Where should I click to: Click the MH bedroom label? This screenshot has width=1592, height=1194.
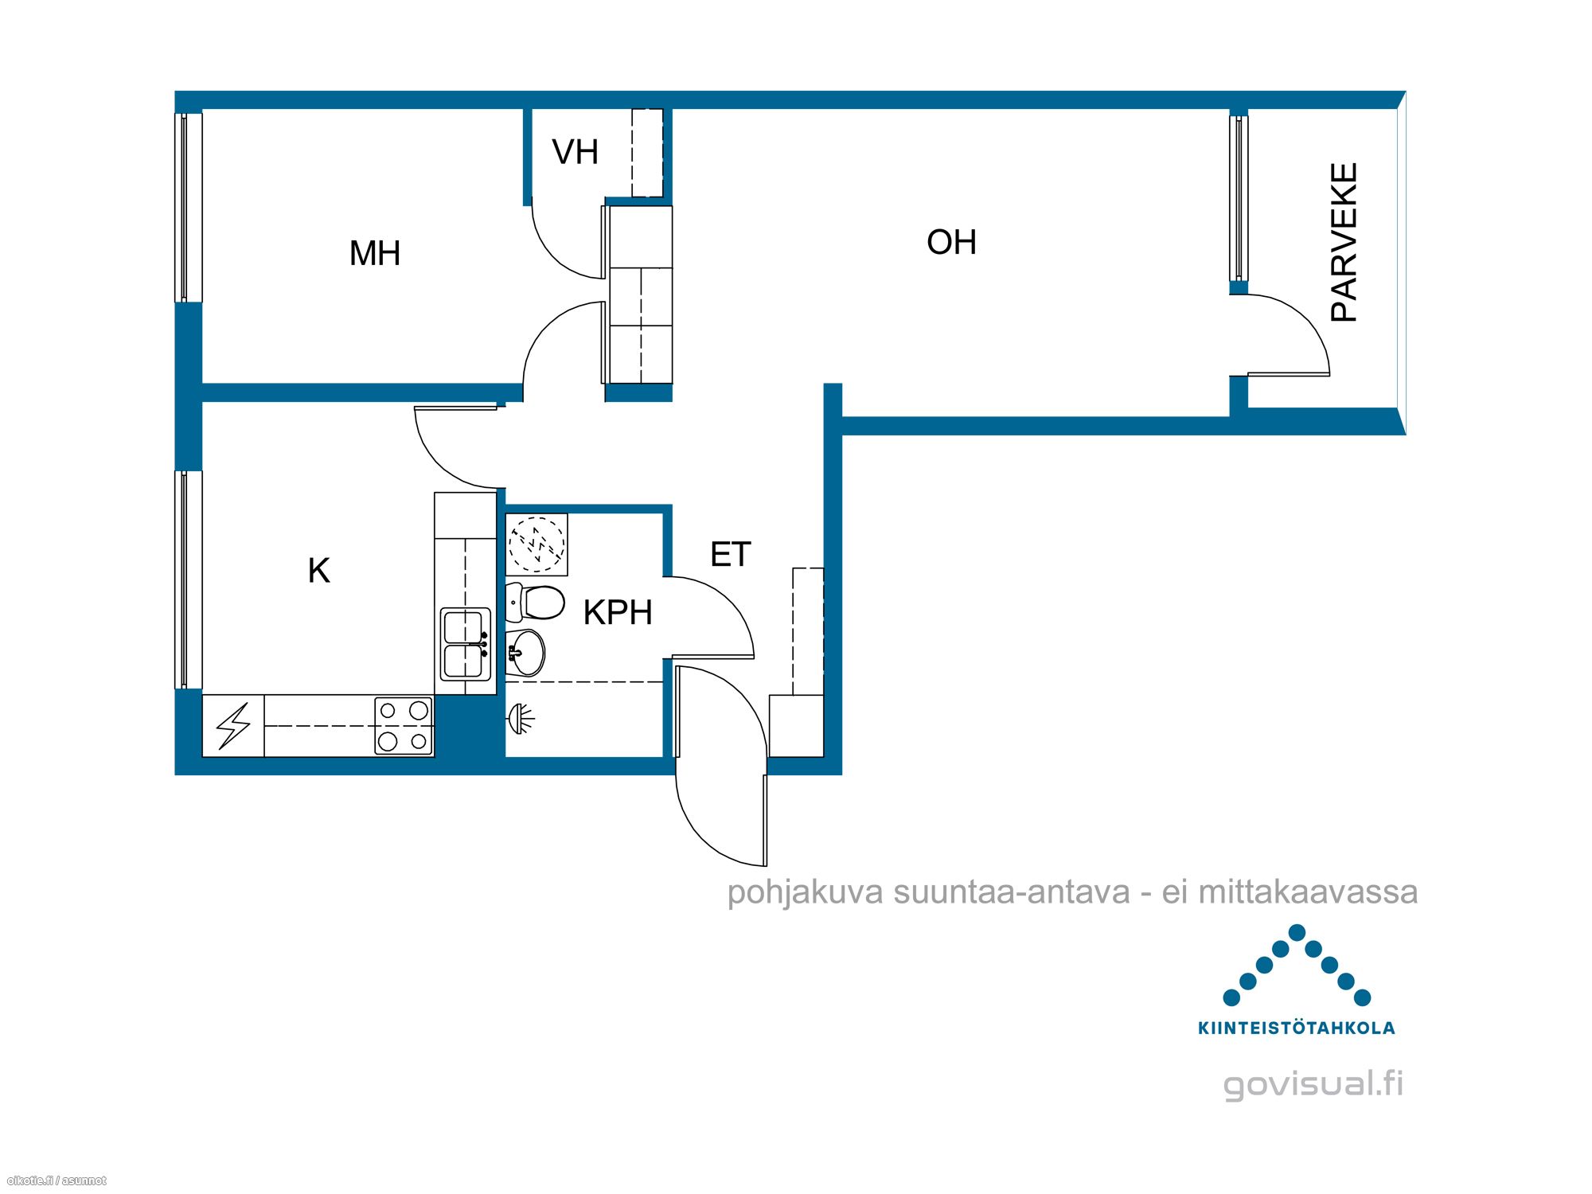(375, 253)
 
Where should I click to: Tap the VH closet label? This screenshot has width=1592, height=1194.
(575, 152)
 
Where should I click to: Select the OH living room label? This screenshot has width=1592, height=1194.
(951, 242)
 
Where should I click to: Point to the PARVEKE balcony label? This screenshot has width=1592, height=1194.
(1344, 242)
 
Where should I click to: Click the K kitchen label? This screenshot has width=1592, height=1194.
(318, 570)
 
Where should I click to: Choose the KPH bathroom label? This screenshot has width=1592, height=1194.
(618, 612)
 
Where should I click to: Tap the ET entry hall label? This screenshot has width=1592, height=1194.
(730, 555)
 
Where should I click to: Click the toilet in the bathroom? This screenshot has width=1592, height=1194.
(535, 602)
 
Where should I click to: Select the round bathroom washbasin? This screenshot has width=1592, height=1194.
(525, 653)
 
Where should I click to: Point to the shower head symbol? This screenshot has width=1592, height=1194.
(521, 719)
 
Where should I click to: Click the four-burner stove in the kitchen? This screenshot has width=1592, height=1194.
(404, 725)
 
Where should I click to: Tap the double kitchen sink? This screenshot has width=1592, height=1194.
(465, 645)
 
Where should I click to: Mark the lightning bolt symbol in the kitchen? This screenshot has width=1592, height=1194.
(233, 725)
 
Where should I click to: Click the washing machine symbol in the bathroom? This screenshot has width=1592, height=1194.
(537, 544)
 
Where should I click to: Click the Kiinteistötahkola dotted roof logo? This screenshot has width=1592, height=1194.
(1297, 965)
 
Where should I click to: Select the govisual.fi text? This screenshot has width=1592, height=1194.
(1313, 1084)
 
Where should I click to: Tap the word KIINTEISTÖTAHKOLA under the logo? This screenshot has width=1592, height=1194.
(1297, 1028)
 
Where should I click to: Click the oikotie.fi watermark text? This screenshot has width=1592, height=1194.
(56, 1180)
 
